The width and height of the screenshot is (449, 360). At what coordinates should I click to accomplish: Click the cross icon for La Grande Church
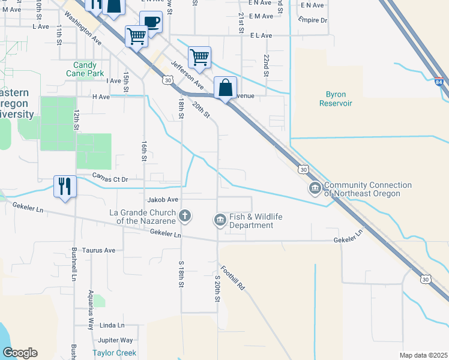[x=185, y=215]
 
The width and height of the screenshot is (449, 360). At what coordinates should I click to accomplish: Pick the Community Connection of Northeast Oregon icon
[x=315, y=189]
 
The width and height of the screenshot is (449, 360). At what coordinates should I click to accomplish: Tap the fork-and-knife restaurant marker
[x=65, y=185]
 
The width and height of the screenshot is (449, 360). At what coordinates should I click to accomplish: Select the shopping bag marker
[x=225, y=88]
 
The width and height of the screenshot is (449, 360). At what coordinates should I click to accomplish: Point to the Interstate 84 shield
[x=440, y=82]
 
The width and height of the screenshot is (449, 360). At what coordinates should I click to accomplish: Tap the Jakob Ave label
[x=163, y=199]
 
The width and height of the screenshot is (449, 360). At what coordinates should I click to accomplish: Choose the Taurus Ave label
[x=98, y=250]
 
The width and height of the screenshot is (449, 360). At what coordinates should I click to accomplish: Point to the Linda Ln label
[x=112, y=325]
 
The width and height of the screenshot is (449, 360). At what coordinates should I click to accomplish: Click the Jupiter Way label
[x=116, y=340]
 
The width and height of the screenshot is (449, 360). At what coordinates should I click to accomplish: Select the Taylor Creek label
[x=114, y=353]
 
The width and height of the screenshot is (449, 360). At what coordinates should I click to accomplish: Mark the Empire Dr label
[x=313, y=20]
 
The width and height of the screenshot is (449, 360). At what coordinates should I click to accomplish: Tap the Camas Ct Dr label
[x=110, y=179]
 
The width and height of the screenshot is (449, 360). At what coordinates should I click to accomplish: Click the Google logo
[x=20, y=353]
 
